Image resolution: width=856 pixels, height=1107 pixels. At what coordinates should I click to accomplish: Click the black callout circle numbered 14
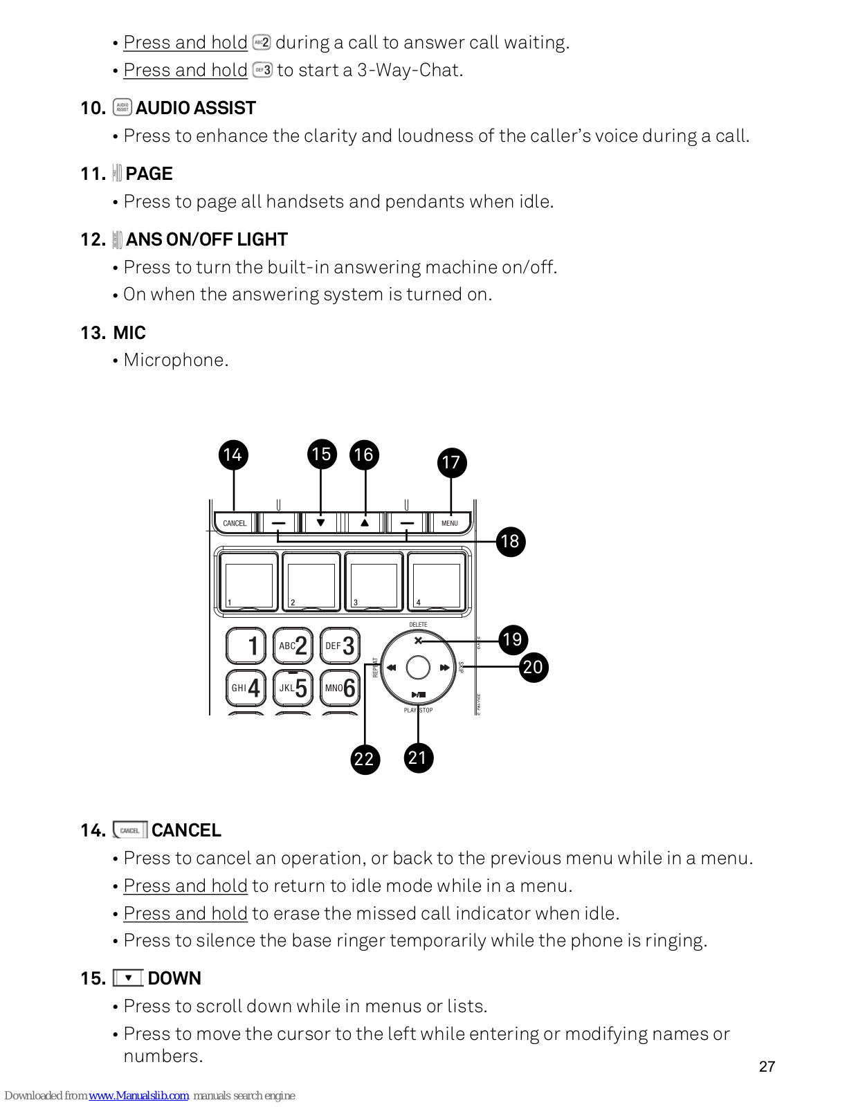(233, 455)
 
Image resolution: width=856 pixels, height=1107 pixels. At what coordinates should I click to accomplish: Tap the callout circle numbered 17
(451, 462)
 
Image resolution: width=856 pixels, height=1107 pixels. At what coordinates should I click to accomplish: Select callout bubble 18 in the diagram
(510, 542)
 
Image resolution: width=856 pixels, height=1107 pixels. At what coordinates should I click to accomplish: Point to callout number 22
(364, 759)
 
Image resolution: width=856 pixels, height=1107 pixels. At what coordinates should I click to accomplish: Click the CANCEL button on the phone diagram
(235, 523)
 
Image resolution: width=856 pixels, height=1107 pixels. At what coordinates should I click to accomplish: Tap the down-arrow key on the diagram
(320, 523)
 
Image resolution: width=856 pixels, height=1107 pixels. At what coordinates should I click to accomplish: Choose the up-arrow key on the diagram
(365, 523)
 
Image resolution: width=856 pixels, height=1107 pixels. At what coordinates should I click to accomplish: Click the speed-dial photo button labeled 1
(249, 582)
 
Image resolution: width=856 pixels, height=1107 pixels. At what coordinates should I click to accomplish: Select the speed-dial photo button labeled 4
(437, 582)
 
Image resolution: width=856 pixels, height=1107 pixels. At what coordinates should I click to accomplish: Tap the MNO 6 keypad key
(340, 687)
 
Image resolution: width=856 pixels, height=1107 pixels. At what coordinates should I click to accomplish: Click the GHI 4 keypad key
(246, 687)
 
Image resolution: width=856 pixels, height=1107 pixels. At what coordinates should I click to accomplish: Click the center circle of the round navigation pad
(418, 668)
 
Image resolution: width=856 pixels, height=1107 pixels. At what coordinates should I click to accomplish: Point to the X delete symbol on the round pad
(418, 641)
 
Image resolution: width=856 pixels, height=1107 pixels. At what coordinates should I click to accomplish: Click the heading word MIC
(129, 333)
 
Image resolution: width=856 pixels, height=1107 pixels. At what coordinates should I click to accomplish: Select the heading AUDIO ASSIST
(196, 108)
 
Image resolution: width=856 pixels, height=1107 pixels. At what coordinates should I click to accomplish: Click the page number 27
(767, 1066)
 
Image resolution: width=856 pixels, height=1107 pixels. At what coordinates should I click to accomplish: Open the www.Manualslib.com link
(138, 1095)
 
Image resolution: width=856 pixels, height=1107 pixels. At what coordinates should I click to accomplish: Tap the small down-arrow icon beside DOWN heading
(128, 978)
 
